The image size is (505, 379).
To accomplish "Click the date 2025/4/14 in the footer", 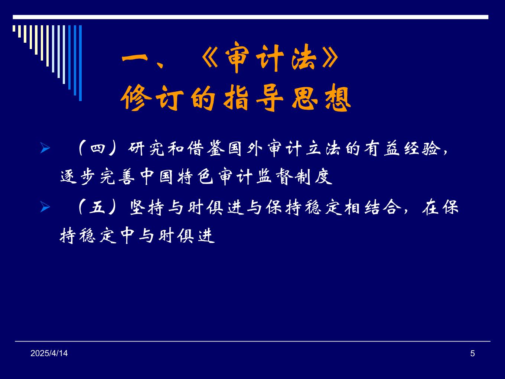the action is pos(49,353).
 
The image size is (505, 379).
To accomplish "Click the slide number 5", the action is pos(472,353).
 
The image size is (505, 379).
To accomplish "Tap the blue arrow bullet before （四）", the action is pos(45,148).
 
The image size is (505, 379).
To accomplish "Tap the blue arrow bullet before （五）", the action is pos(45,207).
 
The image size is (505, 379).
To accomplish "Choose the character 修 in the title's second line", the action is pos(136,98).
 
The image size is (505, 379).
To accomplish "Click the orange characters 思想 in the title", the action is pos(321,98).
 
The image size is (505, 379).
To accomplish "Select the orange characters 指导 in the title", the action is pos(254,98).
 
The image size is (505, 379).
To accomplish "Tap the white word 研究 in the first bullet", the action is pos(146,148).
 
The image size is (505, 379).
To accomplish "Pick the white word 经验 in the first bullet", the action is pos(422,148).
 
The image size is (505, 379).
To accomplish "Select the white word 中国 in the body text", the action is pos(156,177).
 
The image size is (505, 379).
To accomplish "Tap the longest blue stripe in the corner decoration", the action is pos(80,63).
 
